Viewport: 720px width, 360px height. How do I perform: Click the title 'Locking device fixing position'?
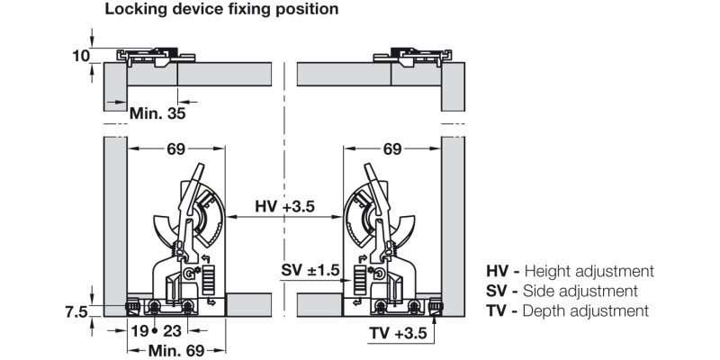pyautogui.click(x=221, y=9)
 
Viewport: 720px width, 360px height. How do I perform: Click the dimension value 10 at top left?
pyautogui.click(x=80, y=56)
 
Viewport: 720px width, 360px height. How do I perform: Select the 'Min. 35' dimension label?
pyautogui.click(x=157, y=113)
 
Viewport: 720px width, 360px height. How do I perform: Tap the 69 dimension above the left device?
pyautogui.click(x=175, y=148)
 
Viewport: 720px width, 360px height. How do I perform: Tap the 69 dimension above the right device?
pyautogui.click(x=392, y=148)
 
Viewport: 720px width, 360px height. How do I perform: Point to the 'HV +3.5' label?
pyautogui.click(x=284, y=207)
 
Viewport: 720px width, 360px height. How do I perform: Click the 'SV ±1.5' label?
pyautogui.click(x=310, y=271)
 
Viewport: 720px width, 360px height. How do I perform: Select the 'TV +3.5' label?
pyautogui.click(x=398, y=333)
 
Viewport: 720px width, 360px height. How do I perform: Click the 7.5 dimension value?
pyautogui.click(x=76, y=312)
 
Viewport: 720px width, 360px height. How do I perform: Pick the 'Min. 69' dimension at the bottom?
pyautogui.click(x=175, y=351)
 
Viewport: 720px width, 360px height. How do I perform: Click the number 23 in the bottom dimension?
pyautogui.click(x=173, y=330)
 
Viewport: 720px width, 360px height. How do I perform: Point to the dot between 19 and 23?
pyautogui.click(x=155, y=331)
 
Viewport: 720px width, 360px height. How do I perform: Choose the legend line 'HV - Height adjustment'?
pyautogui.click(x=570, y=272)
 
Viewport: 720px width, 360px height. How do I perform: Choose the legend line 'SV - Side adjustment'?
pyautogui.click(x=562, y=291)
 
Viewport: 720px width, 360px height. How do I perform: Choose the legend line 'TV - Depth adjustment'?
pyautogui.click(x=568, y=310)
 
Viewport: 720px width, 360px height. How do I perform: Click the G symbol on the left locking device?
pyautogui.click(x=188, y=274)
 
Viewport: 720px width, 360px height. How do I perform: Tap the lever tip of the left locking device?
pyautogui.click(x=200, y=166)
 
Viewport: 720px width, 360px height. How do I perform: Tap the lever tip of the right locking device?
pyautogui.click(x=368, y=166)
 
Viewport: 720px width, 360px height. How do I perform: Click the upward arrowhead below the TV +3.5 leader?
pyautogui.click(x=434, y=319)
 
